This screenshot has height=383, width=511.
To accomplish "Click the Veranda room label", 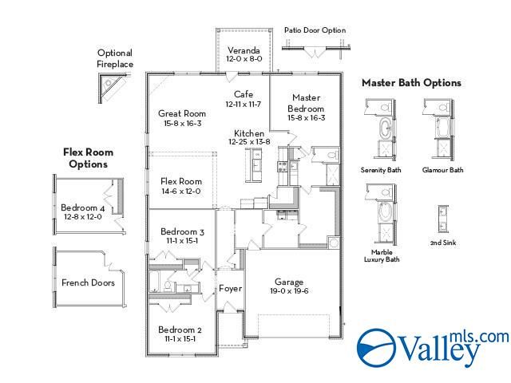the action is (244, 50).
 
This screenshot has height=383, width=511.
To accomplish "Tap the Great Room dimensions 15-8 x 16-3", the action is (183, 124).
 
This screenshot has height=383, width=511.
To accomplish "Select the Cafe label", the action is (244, 94).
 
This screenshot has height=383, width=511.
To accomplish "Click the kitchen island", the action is (254, 164).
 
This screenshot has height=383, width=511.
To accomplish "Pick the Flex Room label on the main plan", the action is (181, 181).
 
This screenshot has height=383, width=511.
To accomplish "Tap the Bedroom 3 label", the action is (182, 232).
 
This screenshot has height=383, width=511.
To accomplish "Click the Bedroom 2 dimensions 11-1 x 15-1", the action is (180, 339).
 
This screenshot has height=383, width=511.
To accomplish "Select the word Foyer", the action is (231, 289).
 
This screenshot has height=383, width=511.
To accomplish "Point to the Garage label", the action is (289, 282).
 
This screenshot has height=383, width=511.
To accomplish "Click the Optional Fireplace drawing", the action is (112, 87).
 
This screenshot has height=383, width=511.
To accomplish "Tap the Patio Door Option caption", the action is (315, 30).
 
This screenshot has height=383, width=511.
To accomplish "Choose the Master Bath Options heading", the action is (412, 83).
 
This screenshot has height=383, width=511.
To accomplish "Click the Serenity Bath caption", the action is (381, 170).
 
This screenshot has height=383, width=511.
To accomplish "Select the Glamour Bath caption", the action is (442, 170).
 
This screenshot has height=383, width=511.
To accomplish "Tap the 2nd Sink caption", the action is (443, 243).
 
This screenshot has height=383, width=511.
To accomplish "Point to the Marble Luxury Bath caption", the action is (382, 255).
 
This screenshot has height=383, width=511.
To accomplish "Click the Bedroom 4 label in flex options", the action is (83, 207).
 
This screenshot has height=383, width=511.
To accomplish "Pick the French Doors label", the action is (88, 282).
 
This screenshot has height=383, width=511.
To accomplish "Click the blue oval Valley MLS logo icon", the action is (377, 348).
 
